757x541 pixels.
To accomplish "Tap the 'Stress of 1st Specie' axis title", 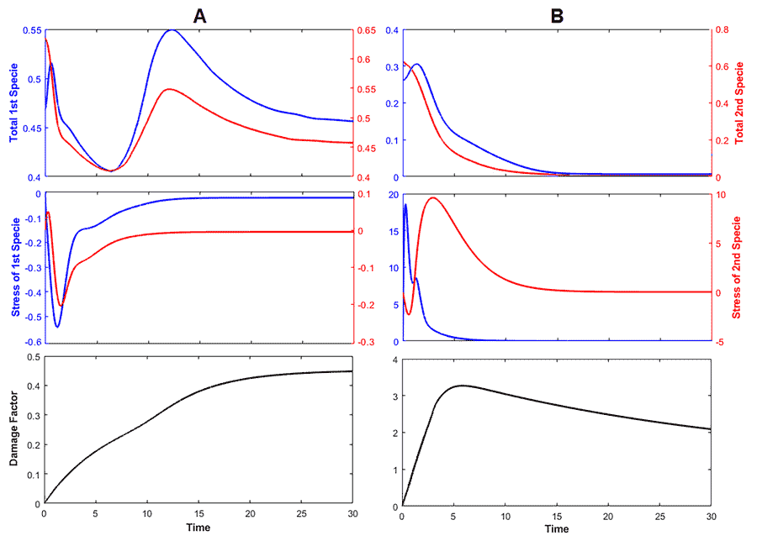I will click(14, 266).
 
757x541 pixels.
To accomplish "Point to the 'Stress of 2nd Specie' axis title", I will click(741, 266).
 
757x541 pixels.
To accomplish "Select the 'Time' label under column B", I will click(556, 528).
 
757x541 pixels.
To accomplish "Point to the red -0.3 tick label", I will click(368, 343).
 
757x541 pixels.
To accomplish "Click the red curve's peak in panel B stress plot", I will click(432, 198).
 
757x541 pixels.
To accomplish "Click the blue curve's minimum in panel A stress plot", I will click(57, 326).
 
